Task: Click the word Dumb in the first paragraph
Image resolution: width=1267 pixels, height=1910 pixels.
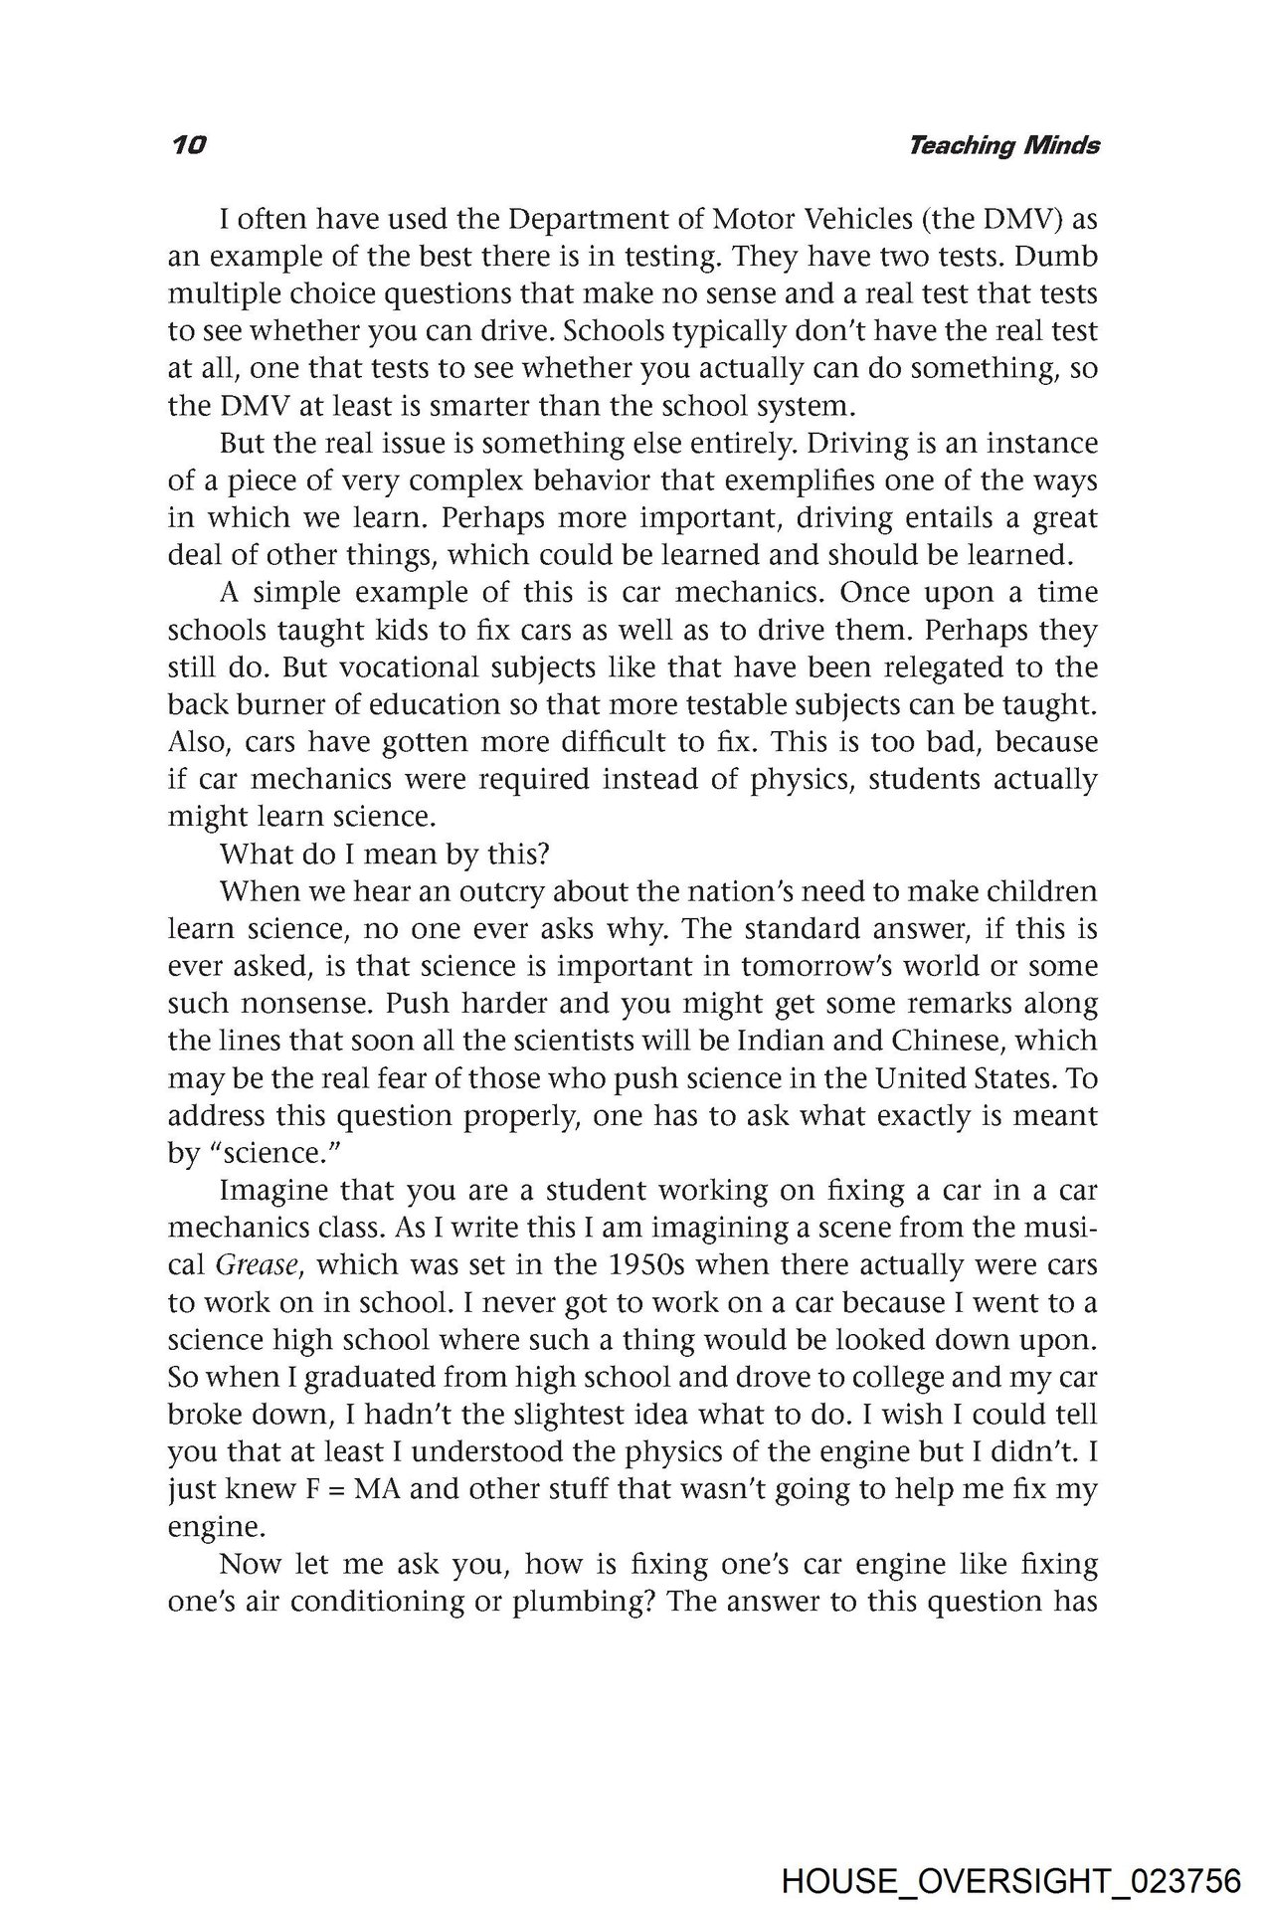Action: (x=1062, y=257)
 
